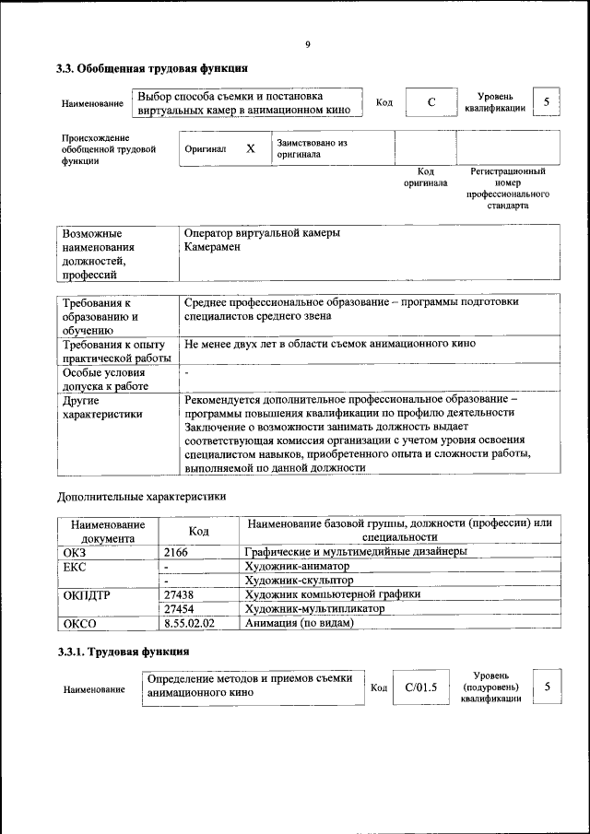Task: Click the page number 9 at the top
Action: pos(308,44)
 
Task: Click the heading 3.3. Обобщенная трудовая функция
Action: pos(152,68)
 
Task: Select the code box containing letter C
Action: pos(431,102)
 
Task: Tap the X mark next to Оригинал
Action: pos(250,148)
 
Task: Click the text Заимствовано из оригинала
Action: pos(312,149)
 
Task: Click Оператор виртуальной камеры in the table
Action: pos(262,233)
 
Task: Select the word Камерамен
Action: pos(211,248)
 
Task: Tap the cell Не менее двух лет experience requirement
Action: pos(330,344)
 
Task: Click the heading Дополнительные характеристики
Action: pos(141,496)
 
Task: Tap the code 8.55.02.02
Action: pos(189,624)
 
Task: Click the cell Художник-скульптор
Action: pos(299,581)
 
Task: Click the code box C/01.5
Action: pos(420,687)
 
